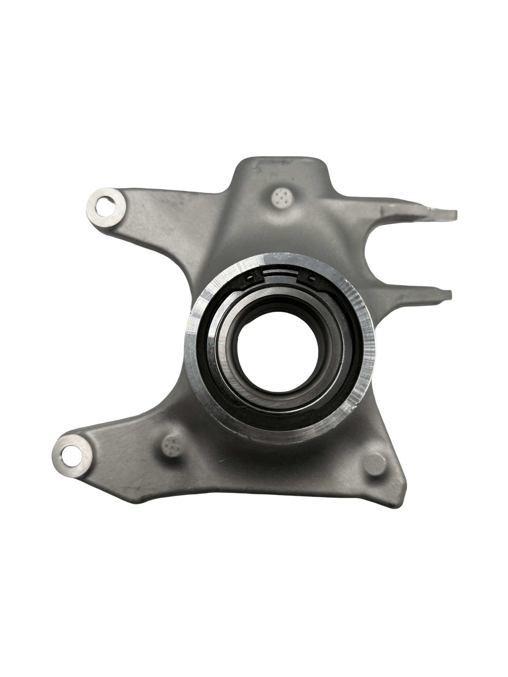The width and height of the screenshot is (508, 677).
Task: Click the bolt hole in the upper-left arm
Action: tap(105, 204)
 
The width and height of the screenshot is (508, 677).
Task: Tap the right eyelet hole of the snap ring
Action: tap(310, 278)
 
